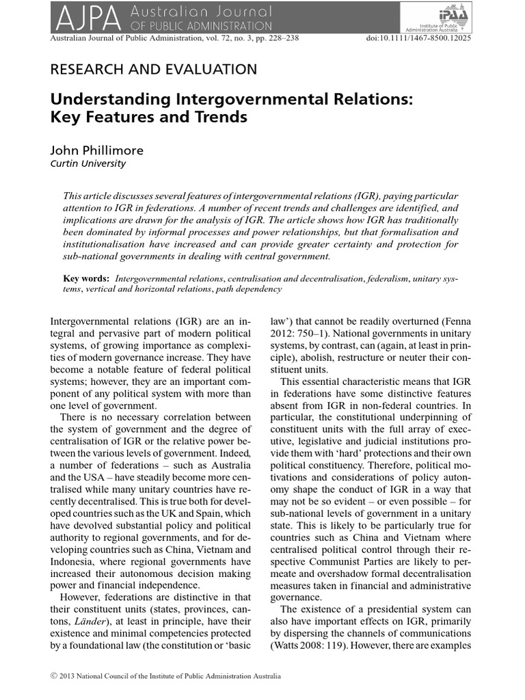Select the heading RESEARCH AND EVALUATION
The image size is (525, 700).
(154, 69)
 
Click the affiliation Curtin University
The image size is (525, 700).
(88, 163)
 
